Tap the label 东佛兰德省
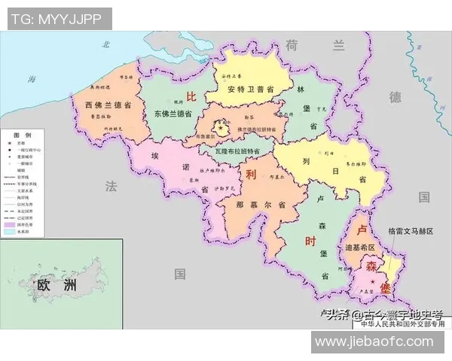(173, 114)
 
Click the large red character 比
(191, 96)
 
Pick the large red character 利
(252, 174)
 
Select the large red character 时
(310, 241)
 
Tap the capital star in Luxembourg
(371, 280)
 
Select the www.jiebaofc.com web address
(374, 342)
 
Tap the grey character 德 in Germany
(395, 97)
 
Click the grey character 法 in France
(112, 186)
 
